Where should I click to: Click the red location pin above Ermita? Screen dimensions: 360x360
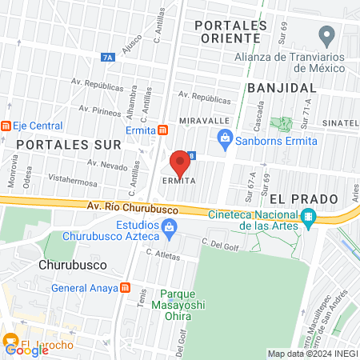[x=180, y=163]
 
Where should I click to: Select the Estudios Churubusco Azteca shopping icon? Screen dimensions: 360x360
[x=169, y=230]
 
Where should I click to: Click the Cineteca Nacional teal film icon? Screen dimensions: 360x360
[x=308, y=218]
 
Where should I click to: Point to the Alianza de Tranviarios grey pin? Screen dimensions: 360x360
[x=326, y=36]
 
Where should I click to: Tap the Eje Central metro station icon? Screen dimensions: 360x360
[x=6, y=126]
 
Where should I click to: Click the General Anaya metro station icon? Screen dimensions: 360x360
[x=124, y=288]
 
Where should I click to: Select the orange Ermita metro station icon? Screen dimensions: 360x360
[x=162, y=130]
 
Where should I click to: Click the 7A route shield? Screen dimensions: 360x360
[x=109, y=57]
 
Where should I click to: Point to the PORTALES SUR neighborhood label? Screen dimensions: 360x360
[x=69, y=144]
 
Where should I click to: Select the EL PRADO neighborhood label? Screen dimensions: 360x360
[x=298, y=197]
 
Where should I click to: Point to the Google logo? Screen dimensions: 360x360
[x=26, y=350]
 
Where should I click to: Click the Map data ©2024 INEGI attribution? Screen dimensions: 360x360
[x=312, y=354]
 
